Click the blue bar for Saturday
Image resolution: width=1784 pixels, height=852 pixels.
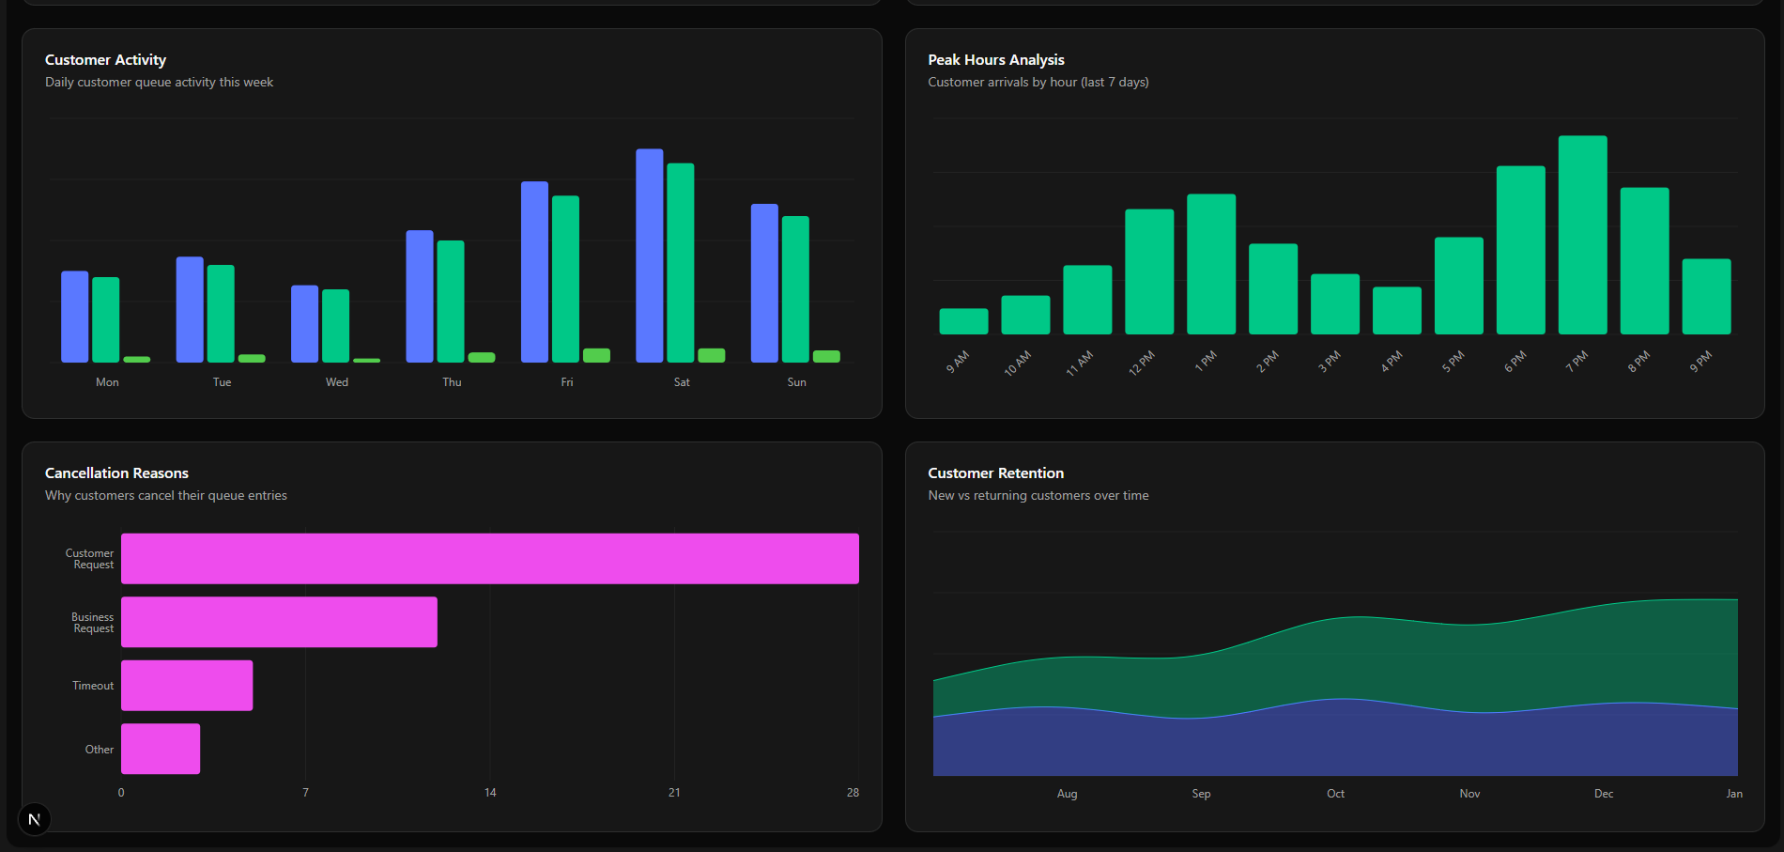649,256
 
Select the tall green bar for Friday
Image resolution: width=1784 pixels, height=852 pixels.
565,279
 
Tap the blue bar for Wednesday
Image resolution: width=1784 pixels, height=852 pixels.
304,324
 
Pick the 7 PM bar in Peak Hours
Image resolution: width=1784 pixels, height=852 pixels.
1582,235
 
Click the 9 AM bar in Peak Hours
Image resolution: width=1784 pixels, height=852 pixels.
963,321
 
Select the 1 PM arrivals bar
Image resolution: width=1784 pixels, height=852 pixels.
1210,264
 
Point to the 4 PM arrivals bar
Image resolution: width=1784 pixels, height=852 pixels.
1396,311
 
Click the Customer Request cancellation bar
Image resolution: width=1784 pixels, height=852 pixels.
489,559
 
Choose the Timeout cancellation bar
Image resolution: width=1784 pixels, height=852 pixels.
187,686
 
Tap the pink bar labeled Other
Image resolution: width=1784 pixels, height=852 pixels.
161,749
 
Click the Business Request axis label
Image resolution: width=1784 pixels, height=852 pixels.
93,623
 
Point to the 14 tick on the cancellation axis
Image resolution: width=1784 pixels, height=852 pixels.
490,793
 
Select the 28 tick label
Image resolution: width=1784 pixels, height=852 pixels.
853,793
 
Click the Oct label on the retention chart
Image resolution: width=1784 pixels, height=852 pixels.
1335,794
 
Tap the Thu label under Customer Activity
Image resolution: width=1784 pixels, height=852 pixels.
452,382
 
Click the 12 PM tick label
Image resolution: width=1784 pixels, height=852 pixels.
1142,363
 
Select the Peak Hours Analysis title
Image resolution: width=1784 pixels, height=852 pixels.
996,60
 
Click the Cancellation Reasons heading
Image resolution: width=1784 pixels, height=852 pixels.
116,473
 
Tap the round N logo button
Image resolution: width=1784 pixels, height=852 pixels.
35,819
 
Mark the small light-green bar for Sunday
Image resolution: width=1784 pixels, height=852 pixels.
826,356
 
